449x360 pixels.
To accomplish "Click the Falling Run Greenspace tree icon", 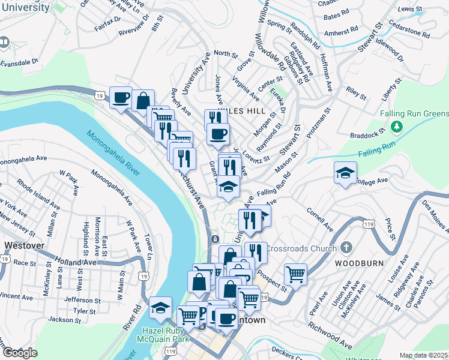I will (396, 127).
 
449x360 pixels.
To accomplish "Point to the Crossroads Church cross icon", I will (346, 248).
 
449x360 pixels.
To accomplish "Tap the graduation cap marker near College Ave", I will (345, 174).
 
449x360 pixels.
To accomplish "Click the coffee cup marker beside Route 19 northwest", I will (121, 97).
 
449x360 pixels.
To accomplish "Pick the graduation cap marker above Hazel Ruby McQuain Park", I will (160, 308).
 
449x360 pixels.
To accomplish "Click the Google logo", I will (20, 352).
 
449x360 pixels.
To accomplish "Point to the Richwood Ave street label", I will (330, 336).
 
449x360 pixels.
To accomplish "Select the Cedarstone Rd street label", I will (411, 31).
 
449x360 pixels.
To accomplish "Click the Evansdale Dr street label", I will (19, 62).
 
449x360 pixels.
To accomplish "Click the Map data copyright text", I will (424, 355).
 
